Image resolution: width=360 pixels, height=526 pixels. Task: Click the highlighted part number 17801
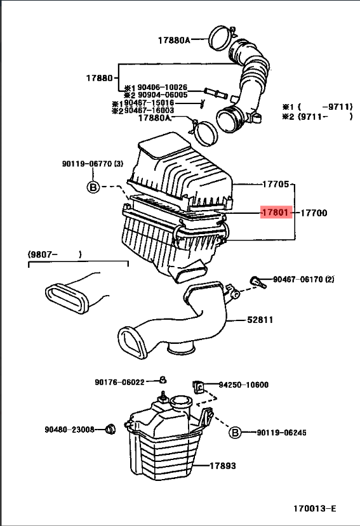[x=275, y=213]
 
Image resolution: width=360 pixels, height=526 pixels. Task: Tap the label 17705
[x=276, y=185]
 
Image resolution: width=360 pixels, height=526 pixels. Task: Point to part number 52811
[x=260, y=320]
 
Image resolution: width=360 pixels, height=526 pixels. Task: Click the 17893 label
[x=223, y=466]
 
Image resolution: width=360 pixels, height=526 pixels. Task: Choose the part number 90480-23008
[x=69, y=430]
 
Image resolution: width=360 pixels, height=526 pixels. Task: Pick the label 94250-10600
[x=243, y=385]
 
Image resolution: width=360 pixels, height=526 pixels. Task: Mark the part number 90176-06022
[x=120, y=382]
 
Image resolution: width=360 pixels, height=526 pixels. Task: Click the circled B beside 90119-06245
[x=235, y=433]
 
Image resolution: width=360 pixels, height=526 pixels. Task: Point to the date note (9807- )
[x=55, y=254]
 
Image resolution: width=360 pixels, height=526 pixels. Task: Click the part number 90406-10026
[x=156, y=88]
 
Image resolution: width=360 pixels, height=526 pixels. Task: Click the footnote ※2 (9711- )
[x=317, y=117]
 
